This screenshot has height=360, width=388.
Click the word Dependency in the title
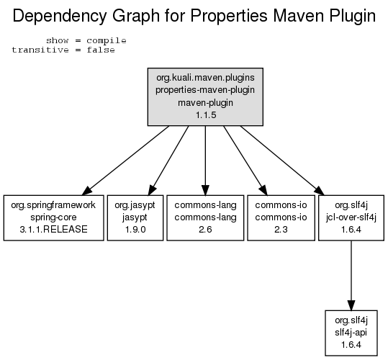point(60,17)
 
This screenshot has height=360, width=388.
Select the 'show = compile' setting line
point(86,40)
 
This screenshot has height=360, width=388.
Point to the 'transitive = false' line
point(63,50)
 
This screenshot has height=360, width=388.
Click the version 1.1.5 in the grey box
point(206,114)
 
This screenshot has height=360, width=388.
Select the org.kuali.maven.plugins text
point(205,78)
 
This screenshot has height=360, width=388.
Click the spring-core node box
point(53,217)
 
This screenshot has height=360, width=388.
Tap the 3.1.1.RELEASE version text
point(53,230)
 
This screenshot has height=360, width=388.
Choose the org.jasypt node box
point(135,217)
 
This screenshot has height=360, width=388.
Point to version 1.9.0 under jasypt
point(135,230)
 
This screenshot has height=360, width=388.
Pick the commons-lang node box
point(205,217)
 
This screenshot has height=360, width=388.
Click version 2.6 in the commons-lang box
point(205,230)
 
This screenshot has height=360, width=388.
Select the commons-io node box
point(281,217)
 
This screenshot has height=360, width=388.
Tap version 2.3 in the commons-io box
point(281,230)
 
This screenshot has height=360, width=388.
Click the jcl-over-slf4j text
point(351,217)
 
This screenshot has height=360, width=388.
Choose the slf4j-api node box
point(351,333)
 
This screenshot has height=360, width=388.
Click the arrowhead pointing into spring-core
point(87,191)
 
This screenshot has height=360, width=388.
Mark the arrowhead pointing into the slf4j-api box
point(351,305)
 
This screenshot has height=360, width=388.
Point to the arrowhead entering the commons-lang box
point(205,190)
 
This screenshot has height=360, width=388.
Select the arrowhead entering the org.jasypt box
point(152,190)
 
